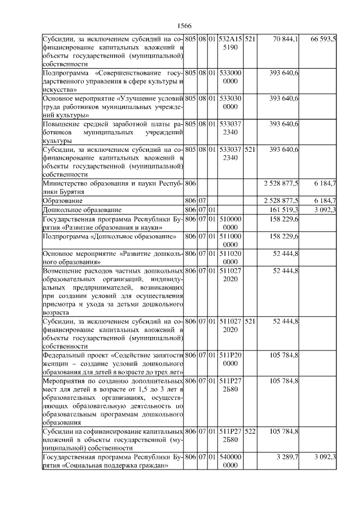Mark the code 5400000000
(231, 462)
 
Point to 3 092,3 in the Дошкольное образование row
(325, 209)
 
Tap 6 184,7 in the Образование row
(325, 200)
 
